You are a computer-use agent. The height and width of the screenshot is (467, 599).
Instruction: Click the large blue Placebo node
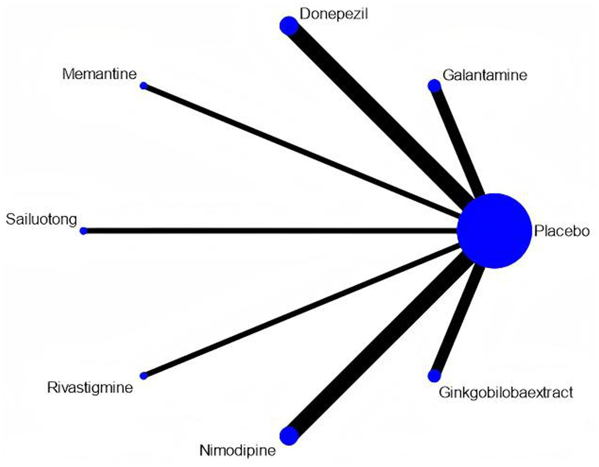[x=494, y=231]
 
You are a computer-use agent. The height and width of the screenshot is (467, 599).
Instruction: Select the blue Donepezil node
[x=289, y=26]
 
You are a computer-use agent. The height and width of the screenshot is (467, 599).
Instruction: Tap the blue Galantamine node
[x=434, y=86]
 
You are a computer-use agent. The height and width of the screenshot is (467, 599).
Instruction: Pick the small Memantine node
[x=144, y=86]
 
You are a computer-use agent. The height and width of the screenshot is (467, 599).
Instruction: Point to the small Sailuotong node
[x=83, y=231]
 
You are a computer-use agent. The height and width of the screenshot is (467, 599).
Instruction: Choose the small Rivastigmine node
[x=144, y=376]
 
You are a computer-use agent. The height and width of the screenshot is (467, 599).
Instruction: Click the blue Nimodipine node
[x=289, y=436]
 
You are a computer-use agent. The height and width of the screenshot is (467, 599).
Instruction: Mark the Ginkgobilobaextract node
[x=434, y=376]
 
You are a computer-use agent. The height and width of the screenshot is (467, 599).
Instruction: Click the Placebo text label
[x=562, y=231]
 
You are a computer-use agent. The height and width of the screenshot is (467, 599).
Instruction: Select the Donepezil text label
[x=334, y=14]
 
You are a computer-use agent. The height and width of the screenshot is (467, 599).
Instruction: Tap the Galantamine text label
[x=485, y=75]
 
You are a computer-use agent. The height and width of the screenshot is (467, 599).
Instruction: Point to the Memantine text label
[x=99, y=74]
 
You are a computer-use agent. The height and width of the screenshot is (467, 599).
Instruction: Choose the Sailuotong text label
[x=41, y=219]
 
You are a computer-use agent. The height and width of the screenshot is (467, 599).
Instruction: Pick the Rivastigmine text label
[x=90, y=387]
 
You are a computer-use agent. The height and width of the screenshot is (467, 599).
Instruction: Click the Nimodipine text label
[x=238, y=451]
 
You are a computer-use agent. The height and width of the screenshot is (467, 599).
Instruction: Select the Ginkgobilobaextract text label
[x=506, y=393]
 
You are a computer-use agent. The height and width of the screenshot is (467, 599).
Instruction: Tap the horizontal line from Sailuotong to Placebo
[x=268, y=231]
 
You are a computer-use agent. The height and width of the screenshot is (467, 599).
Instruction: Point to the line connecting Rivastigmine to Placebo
[x=302, y=310]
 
